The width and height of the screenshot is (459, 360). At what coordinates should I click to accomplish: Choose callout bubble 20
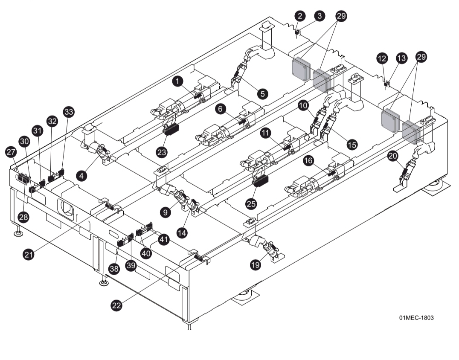pos(393,157)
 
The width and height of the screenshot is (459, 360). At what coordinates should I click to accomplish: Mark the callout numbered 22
pos(117,305)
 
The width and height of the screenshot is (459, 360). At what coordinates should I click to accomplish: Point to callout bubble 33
pos(68,112)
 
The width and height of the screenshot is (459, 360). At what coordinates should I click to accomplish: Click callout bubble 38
pos(113,269)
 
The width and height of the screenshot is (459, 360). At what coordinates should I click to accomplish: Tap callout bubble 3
pos(319,16)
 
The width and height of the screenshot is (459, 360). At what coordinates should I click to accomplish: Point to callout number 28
pos(23,217)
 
